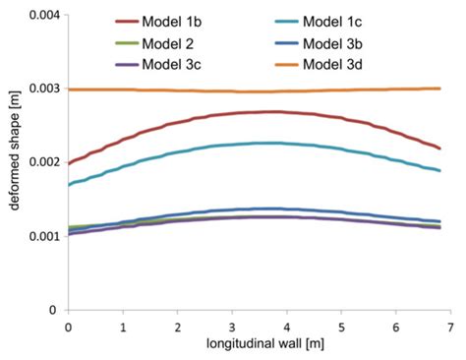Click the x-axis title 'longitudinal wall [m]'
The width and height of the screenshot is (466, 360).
(x=258, y=345)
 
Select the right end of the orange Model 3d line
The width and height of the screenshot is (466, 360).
(x=438, y=89)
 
